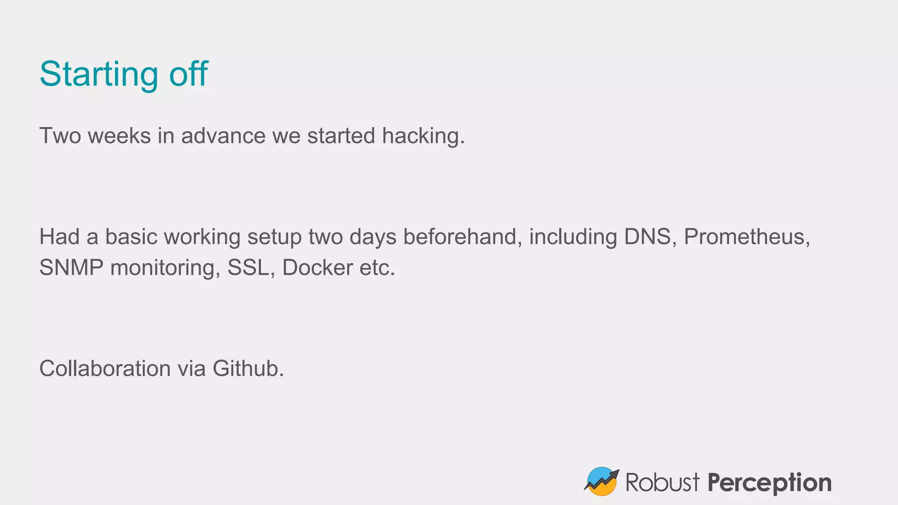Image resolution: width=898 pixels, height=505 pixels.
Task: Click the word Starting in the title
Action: [x=98, y=75]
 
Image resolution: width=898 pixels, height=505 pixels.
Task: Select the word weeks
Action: [x=119, y=136]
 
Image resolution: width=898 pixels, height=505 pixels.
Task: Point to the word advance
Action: [x=223, y=136]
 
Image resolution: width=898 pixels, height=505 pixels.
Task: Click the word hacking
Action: [x=423, y=136]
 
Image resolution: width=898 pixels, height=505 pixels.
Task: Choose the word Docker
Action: [x=317, y=268]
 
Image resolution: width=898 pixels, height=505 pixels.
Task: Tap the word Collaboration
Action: [x=105, y=368]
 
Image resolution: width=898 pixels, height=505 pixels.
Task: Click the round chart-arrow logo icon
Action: [x=602, y=481]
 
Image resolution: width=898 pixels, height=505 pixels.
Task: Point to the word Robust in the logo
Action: [x=662, y=482]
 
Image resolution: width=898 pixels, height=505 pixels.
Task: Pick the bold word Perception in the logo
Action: [x=770, y=483]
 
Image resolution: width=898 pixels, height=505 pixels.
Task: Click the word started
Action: [x=341, y=136]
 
